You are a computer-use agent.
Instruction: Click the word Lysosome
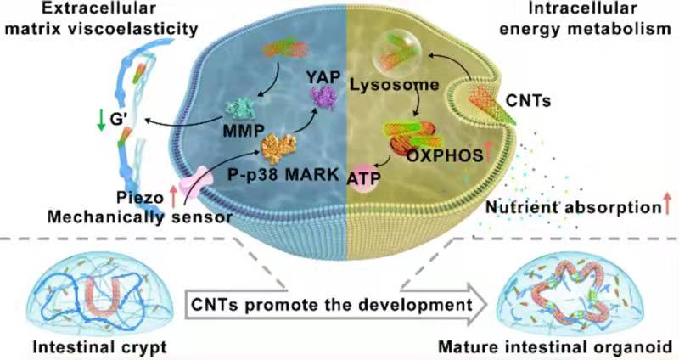384,85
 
